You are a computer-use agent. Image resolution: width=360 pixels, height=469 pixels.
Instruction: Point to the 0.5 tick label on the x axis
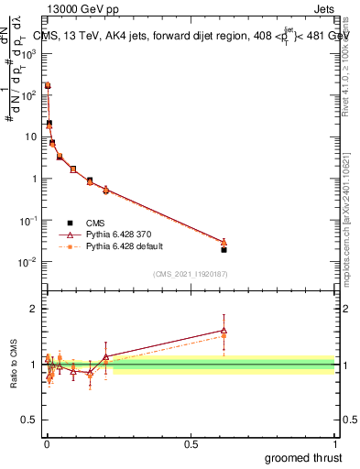191,443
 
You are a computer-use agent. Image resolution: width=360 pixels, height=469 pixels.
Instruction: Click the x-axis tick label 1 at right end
334,443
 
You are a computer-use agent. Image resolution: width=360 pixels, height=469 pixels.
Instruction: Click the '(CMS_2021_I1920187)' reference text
190,274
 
